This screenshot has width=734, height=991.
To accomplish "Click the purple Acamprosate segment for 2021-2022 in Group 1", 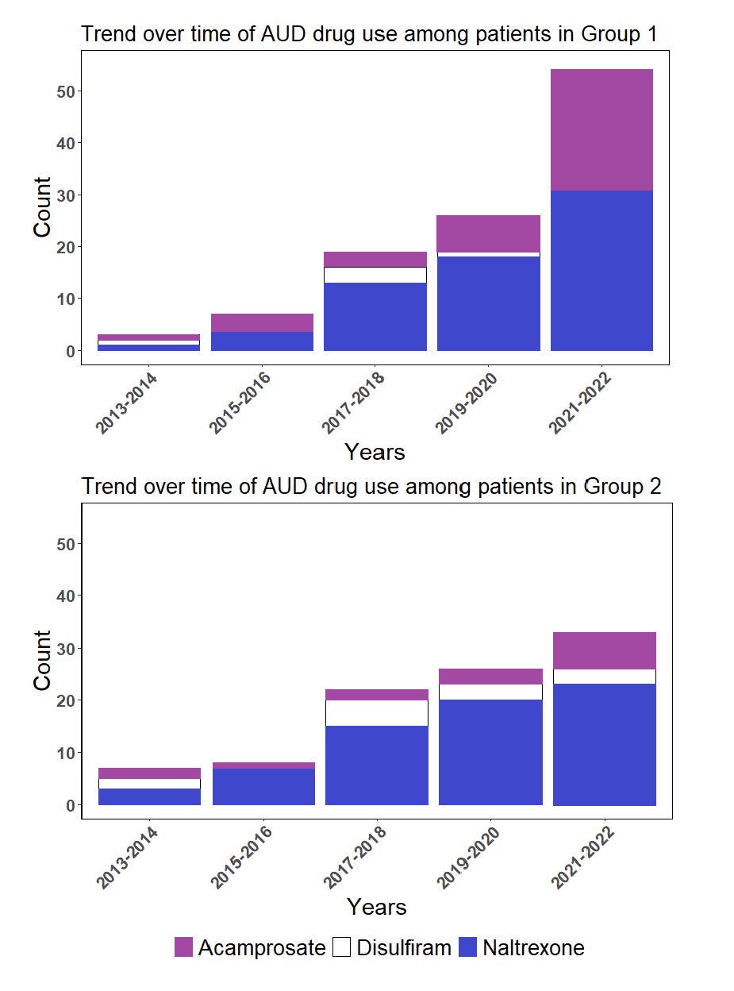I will pyautogui.click(x=601, y=130).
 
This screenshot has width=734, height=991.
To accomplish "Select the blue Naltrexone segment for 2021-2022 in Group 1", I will pyautogui.click(x=601, y=270).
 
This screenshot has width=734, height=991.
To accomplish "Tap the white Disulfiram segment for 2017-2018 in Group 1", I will pyautogui.click(x=375, y=275).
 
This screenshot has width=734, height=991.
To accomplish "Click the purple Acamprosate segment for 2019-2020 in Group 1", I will pyautogui.click(x=489, y=233).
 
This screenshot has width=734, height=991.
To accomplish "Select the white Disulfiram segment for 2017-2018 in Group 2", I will pyautogui.click(x=377, y=713).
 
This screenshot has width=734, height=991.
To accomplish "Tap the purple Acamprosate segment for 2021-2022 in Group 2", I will pyautogui.click(x=605, y=650).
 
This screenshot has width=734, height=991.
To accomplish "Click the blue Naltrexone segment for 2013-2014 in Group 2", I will pyautogui.click(x=149, y=796).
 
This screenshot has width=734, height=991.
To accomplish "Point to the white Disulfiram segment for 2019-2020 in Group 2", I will pyautogui.click(x=490, y=692).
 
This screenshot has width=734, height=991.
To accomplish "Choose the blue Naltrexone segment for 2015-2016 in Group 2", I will pyautogui.click(x=263, y=786).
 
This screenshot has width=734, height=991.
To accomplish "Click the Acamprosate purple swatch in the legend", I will pyautogui.click(x=184, y=947).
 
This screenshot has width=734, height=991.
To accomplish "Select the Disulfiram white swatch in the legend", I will pyautogui.click(x=342, y=947).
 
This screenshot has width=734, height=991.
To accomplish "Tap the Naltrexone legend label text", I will pyautogui.click(x=533, y=947).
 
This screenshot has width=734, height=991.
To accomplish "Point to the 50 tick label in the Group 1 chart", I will pyautogui.click(x=65, y=91).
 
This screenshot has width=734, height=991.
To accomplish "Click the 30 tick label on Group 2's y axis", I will pyautogui.click(x=65, y=649).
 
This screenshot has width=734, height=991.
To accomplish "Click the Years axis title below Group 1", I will pyautogui.click(x=375, y=452).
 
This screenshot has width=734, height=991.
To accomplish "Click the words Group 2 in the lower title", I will pyautogui.click(x=622, y=485).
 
